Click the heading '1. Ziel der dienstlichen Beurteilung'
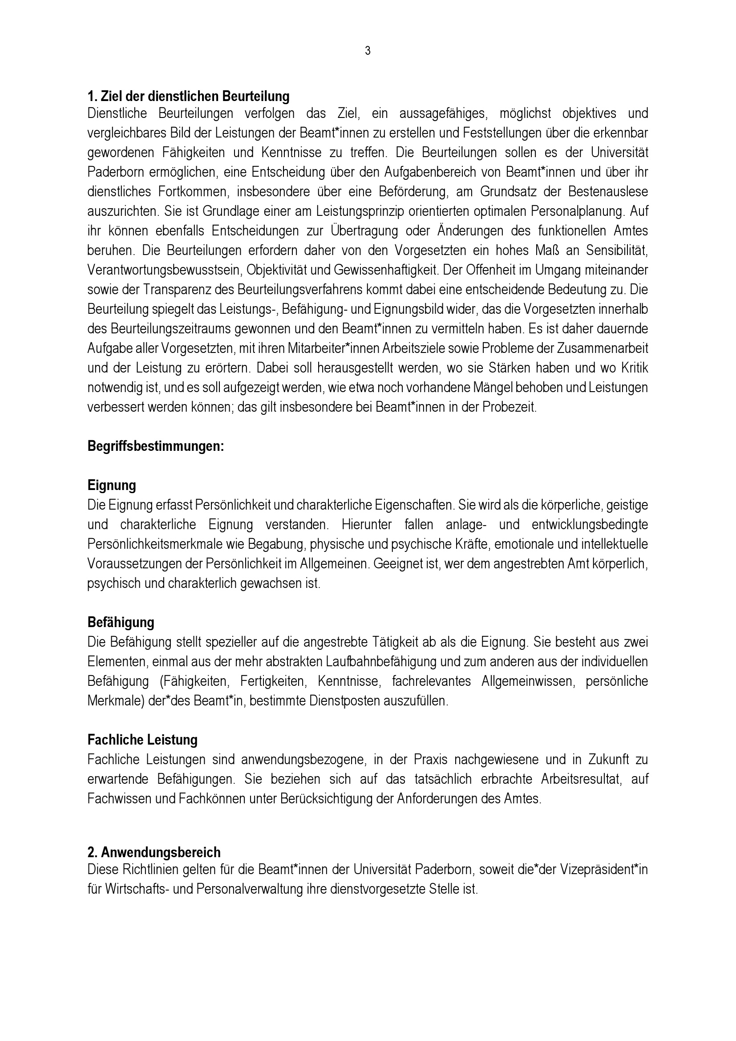(188, 97)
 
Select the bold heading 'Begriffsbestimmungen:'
(155, 446)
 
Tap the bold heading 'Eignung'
(112, 486)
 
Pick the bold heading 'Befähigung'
(121, 623)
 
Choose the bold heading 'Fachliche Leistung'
(142, 740)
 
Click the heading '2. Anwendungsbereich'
(154, 852)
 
